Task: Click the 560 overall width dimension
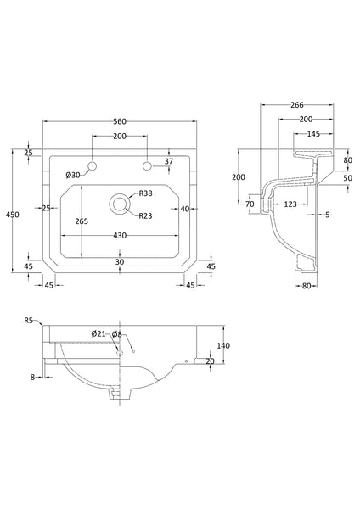[120, 121]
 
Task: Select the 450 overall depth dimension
[11, 215]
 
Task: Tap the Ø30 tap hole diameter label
[73, 175]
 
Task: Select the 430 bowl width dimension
[119, 234]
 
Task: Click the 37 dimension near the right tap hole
[170, 162]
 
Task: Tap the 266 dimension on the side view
[297, 104]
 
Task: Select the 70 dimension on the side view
[250, 204]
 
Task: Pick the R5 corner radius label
[29, 321]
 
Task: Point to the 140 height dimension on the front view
[224, 345]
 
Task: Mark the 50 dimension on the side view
[346, 178]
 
